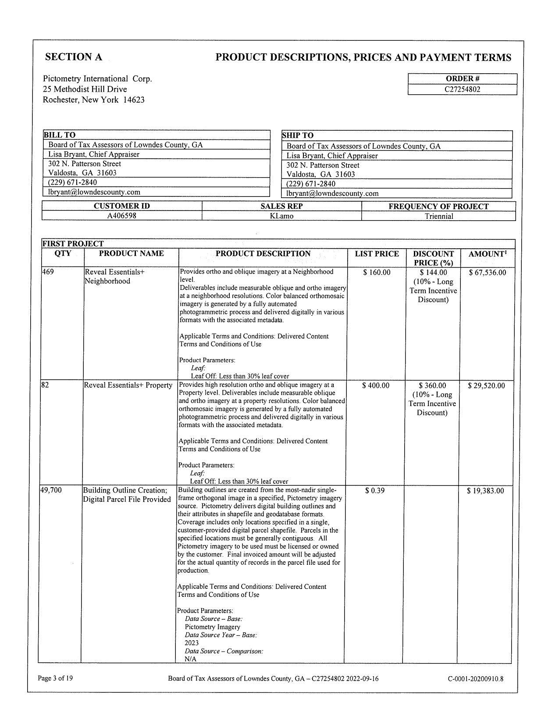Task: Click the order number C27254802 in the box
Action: click(x=462, y=89)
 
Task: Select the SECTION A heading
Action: click(x=74, y=57)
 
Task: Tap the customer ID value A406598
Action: click(x=122, y=216)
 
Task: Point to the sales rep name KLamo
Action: click(x=281, y=216)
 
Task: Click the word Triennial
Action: click(x=439, y=216)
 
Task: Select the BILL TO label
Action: click(x=59, y=135)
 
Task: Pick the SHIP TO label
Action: click(x=298, y=136)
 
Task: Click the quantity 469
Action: click(x=48, y=272)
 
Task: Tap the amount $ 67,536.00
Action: click(x=487, y=273)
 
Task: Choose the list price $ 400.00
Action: click(x=376, y=385)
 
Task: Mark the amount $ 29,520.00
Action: click(x=486, y=386)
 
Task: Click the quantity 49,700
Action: click(x=51, y=490)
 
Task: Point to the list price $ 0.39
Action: click(x=375, y=491)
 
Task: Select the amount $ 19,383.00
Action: click(x=485, y=491)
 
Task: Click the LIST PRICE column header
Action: click(x=377, y=254)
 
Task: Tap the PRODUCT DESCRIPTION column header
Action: click(x=263, y=253)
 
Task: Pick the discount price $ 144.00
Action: click(x=433, y=273)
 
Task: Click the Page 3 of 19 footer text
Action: click(x=55, y=678)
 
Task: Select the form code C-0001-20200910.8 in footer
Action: click(x=475, y=679)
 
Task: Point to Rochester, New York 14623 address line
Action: click(x=93, y=100)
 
